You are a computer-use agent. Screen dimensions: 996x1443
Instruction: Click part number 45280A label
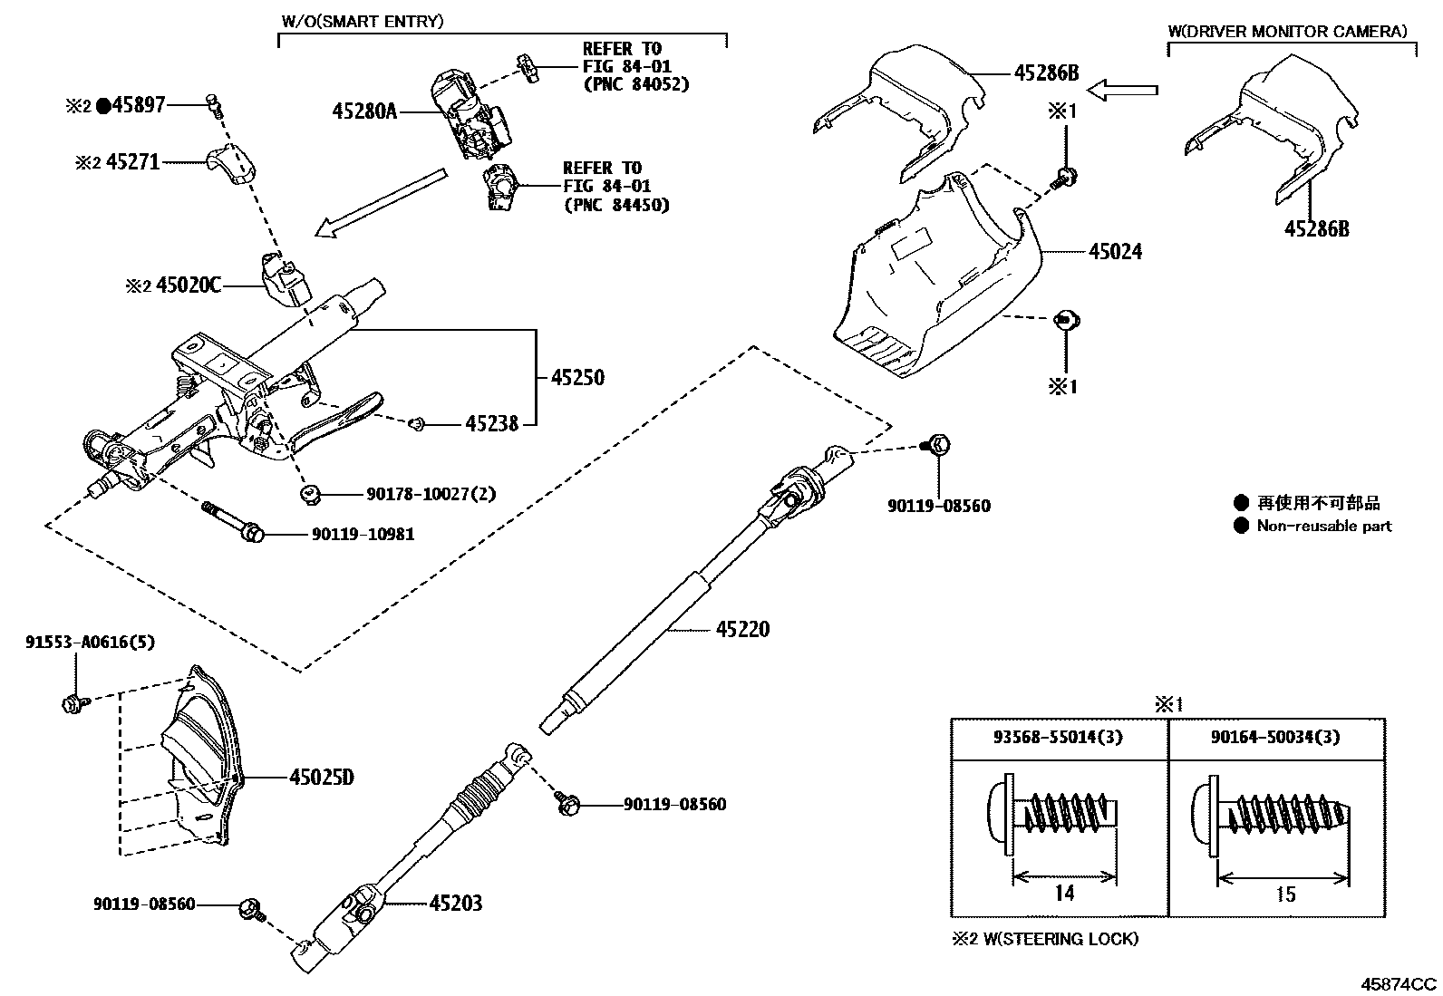click(x=364, y=111)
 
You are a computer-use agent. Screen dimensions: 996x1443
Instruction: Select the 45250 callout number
click(x=577, y=377)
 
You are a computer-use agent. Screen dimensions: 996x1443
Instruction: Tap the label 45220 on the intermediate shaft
click(x=742, y=629)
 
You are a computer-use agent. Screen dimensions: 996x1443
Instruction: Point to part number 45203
click(x=455, y=903)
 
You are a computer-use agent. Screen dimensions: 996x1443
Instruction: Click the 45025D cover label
click(x=322, y=778)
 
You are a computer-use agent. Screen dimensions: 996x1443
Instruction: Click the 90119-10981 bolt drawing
click(x=232, y=521)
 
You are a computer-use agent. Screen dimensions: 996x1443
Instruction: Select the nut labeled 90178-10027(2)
click(x=309, y=493)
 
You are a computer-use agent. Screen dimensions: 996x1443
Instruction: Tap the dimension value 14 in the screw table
click(x=1064, y=894)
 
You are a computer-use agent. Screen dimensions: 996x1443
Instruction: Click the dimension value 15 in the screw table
click(x=1284, y=894)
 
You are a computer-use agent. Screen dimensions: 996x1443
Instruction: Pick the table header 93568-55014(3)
click(x=1059, y=737)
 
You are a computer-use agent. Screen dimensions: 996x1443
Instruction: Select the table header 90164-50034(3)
click(x=1276, y=737)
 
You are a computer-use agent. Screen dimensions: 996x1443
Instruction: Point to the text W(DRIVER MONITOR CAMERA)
click(x=1287, y=32)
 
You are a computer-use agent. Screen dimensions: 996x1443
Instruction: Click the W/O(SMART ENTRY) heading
click(x=361, y=21)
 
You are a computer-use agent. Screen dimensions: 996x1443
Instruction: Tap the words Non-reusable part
click(x=1323, y=526)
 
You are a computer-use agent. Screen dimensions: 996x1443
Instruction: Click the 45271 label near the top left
click(x=132, y=162)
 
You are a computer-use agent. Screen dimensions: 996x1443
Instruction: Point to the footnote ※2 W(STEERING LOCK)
click(x=1045, y=939)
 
